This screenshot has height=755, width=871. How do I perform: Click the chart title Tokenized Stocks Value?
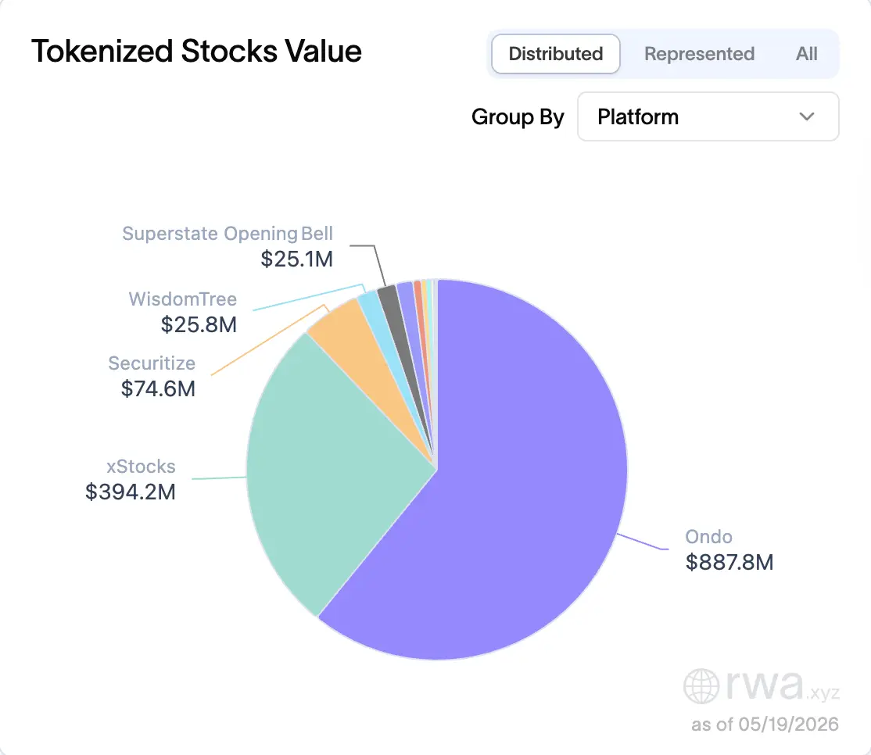tap(197, 52)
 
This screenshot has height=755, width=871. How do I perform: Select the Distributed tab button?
tap(555, 54)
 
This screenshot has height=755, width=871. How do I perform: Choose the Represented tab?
tap(699, 54)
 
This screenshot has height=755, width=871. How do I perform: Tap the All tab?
tap(807, 54)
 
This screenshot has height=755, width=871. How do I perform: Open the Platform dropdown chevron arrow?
tap(807, 116)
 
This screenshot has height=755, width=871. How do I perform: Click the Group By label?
tap(518, 117)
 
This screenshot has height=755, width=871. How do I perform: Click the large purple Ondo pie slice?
tap(500, 499)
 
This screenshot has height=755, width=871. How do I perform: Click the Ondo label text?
tap(709, 537)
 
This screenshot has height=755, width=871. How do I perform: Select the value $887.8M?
tap(729, 563)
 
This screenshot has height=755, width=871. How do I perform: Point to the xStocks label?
tap(141, 467)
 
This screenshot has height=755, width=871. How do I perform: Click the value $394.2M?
tap(131, 492)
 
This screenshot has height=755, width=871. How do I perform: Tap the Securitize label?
tap(152, 363)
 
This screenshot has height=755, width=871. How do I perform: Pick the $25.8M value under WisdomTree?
tap(199, 325)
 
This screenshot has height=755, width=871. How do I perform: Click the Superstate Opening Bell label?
tap(228, 234)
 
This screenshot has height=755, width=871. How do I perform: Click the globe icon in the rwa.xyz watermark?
tap(701, 686)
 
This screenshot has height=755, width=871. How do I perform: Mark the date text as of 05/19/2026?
tap(765, 725)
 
